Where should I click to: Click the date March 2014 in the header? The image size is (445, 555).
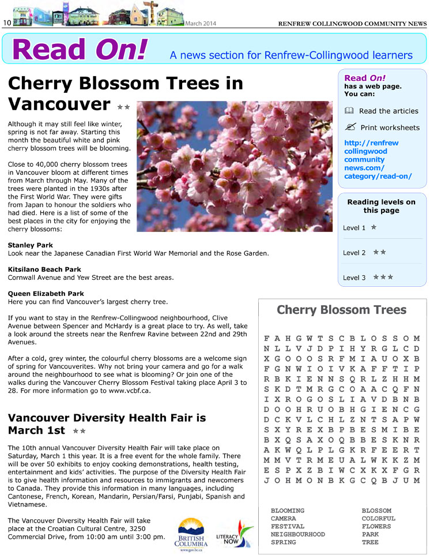pos(201,24)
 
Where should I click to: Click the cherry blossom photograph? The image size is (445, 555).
pos(235,166)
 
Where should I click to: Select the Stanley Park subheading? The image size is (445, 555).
pos(30,245)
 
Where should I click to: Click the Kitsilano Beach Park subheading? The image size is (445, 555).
pos(44,269)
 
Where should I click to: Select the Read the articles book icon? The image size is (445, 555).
pos(348,111)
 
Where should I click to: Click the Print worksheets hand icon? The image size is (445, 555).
pos(349,127)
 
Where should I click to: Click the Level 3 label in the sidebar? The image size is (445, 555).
pos(354,277)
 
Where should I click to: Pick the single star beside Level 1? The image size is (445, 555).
pos(374,227)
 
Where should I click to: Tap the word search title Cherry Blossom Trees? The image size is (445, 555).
pos(341,310)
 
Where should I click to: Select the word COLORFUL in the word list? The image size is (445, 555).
pos(378,519)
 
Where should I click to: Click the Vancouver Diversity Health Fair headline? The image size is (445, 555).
pos(107,424)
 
